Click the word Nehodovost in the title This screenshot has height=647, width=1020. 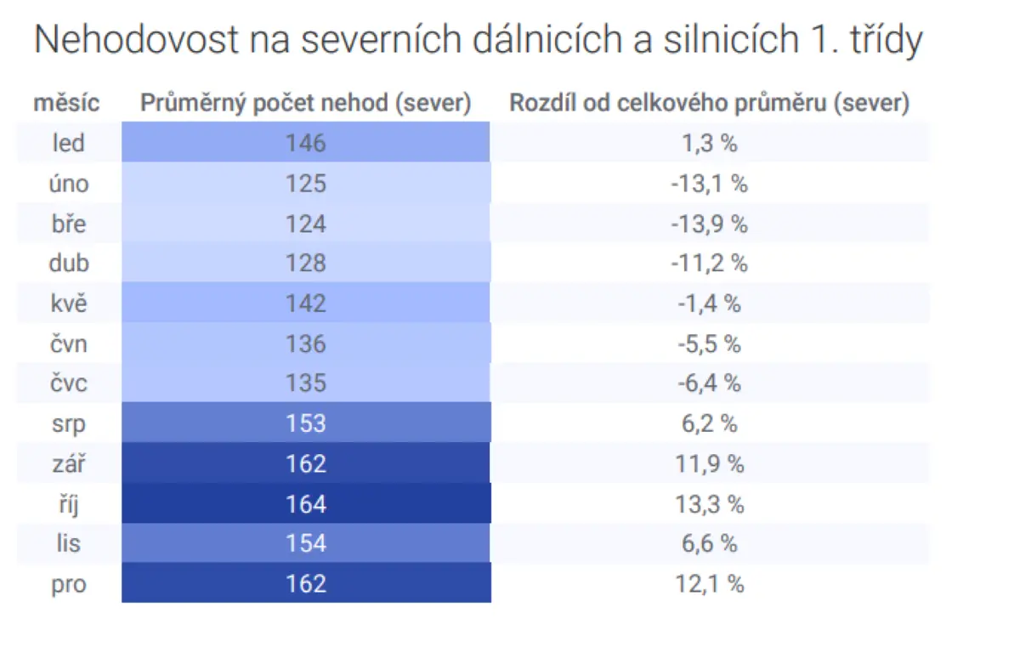click(x=136, y=39)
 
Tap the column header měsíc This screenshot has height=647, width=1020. click(x=66, y=102)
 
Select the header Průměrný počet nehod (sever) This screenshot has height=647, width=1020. click(x=305, y=103)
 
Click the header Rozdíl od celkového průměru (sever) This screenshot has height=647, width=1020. click(x=709, y=103)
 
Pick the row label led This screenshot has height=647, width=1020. click(x=69, y=143)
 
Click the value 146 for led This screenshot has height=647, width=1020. click(x=305, y=143)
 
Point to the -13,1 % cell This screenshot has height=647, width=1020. click(x=709, y=184)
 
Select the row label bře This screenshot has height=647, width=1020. click(x=69, y=224)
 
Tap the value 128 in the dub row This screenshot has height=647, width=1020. click(x=305, y=264)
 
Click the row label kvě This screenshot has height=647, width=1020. click(x=69, y=304)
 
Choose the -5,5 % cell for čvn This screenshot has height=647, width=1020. click(x=709, y=343)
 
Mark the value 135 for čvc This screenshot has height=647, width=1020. click(x=305, y=383)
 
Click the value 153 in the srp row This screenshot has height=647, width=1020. click(x=305, y=423)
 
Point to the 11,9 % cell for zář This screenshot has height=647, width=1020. click(x=709, y=464)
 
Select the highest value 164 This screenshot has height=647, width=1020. click(x=305, y=504)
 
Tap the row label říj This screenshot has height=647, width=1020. click(x=69, y=504)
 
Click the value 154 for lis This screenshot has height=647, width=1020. click(x=305, y=543)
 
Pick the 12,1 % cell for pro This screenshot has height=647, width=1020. click(x=709, y=584)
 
